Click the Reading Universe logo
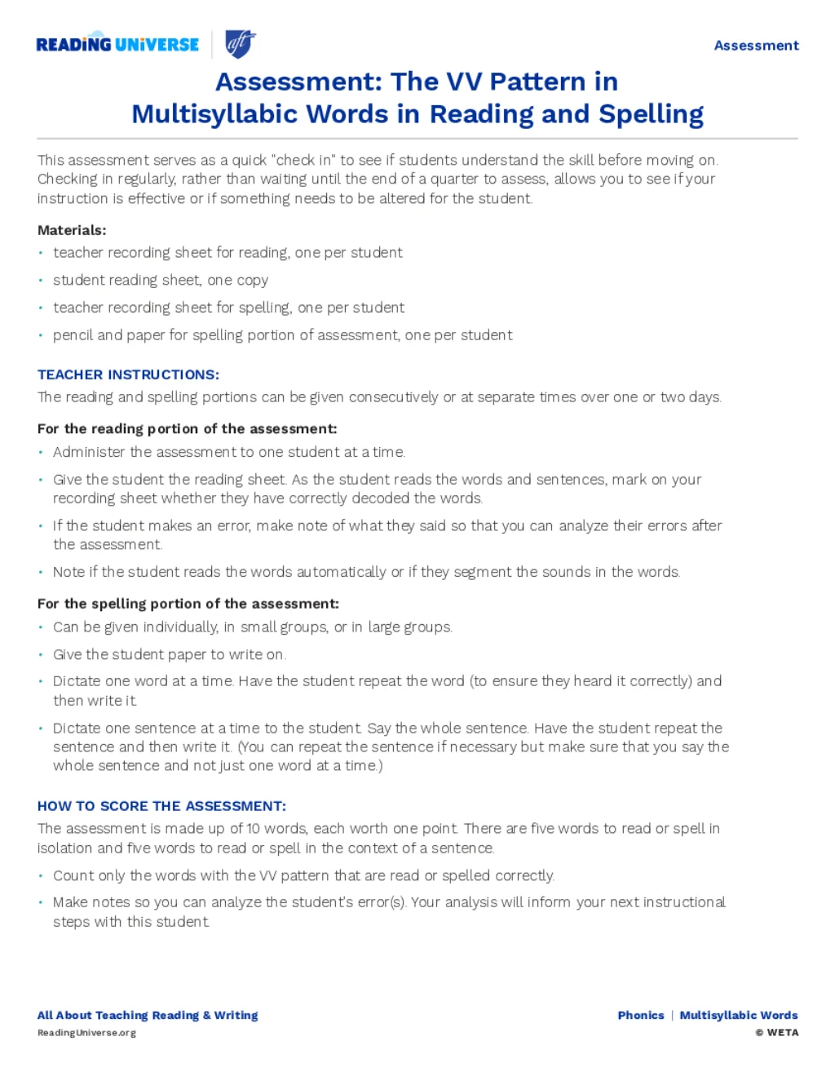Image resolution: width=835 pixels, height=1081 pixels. [x=117, y=44]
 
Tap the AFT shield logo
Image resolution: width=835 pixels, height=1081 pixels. [x=240, y=43]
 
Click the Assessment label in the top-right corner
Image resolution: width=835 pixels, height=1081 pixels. [x=756, y=46]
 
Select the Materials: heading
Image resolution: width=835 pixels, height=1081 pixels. [x=72, y=230]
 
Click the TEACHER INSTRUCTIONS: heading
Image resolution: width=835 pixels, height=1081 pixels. [x=128, y=374]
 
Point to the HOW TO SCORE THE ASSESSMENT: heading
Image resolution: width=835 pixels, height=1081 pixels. [x=161, y=806]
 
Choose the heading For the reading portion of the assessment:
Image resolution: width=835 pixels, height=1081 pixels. [x=187, y=428]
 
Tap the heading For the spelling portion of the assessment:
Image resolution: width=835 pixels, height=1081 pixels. [x=188, y=604]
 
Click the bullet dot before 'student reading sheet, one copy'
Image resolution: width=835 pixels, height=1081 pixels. [x=41, y=281]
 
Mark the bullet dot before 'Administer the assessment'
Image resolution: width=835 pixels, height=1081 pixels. [x=41, y=452]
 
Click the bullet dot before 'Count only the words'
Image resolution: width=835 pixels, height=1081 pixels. [x=41, y=875]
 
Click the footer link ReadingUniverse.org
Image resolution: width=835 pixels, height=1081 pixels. [x=86, y=1033]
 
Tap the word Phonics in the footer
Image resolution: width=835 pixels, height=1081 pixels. [x=641, y=1015]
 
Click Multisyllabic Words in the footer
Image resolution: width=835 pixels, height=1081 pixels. [x=739, y=1015]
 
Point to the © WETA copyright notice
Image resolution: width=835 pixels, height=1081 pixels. [x=777, y=1033]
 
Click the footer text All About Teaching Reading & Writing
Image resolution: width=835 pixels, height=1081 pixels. [x=148, y=1015]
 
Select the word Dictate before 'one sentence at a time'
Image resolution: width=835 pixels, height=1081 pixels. [x=77, y=728]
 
